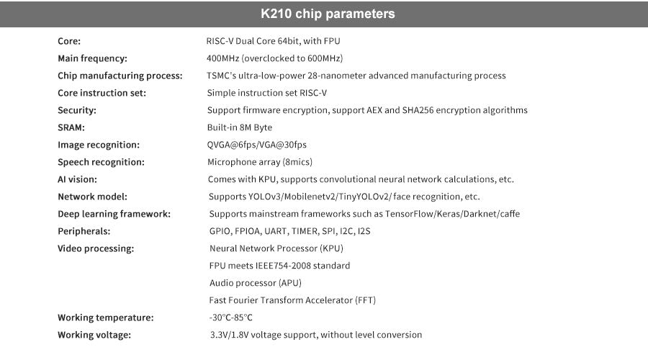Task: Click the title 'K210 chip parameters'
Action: point(328,14)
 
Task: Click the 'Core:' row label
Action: point(69,41)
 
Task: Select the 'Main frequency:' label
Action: point(93,59)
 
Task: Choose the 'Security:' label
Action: point(77,110)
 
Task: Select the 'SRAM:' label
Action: point(71,127)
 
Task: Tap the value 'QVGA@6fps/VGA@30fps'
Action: point(256,145)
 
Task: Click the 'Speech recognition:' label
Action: point(102,163)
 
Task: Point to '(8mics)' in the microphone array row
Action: point(297,162)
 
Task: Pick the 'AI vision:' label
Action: point(77,179)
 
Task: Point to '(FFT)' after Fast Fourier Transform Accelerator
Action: point(365,300)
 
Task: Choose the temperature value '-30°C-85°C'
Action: point(230,318)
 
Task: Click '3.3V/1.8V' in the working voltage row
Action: point(230,335)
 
